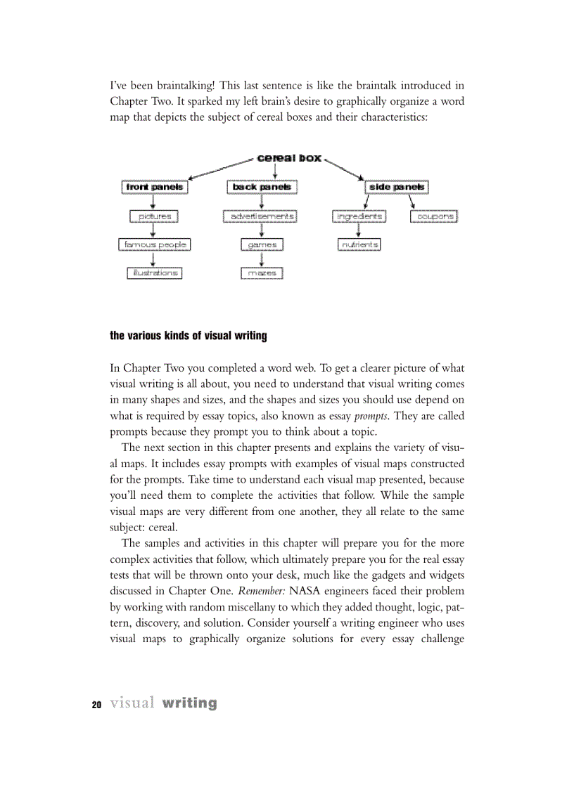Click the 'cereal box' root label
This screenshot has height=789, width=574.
click(289, 158)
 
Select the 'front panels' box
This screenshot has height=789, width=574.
click(154, 187)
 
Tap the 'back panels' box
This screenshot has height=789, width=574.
click(262, 187)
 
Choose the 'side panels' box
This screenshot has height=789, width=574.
click(397, 187)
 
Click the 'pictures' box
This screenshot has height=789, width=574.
click(154, 216)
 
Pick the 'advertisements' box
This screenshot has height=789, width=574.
click(262, 216)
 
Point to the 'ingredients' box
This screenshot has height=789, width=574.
click(359, 216)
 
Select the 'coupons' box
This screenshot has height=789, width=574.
click(434, 216)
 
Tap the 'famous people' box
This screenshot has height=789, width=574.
click(154, 244)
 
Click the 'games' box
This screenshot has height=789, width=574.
click(262, 244)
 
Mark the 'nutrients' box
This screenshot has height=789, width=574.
click(359, 244)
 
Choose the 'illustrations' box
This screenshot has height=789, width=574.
click(154, 273)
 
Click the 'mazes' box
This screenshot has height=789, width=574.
click(262, 273)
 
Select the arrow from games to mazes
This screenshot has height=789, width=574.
click(262, 259)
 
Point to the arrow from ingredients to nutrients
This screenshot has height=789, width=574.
click(359, 230)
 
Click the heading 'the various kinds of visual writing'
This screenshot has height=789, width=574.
click(189, 336)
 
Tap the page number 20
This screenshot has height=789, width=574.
click(96, 705)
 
